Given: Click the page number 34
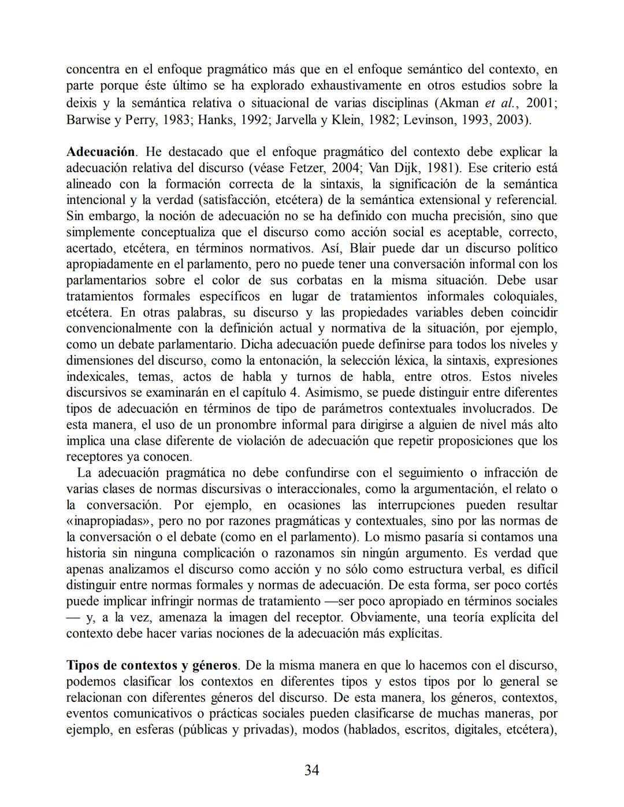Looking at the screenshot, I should [x=312, y=770].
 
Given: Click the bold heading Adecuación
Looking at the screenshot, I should [x=101, y=152].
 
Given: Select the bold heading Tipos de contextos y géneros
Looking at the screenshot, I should [x=152, y=665].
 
